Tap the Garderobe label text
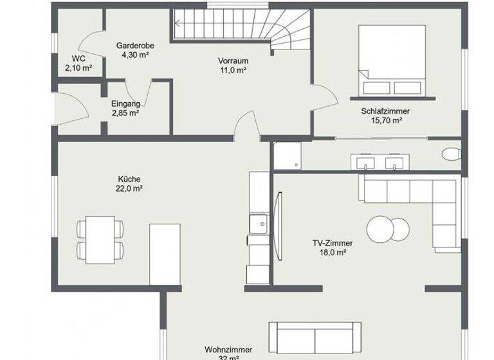coord(133,46)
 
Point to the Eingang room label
coord(125,104)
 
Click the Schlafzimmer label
coord(386,111)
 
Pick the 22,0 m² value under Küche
coord(129,189)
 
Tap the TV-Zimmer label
coord(333,244)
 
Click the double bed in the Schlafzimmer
coord(392,60)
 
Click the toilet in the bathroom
coord(452,154)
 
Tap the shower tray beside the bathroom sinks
coord(286,156)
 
